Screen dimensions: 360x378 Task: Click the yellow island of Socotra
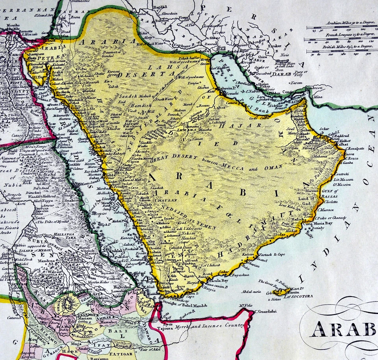pos(287,291)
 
